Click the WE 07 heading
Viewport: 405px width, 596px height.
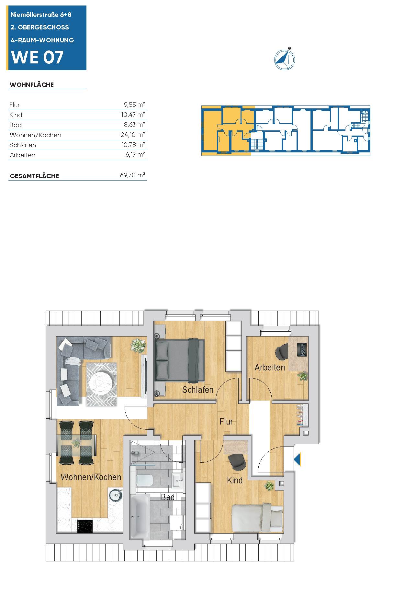pyautogui.click(x=37, y=57)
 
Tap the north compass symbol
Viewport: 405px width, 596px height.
pyautogui.click(x=285, y=59)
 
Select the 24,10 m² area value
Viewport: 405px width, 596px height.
pyautogui.click(x=133, y=135)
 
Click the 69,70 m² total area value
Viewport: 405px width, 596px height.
pyautogui.click(x=132, y=175)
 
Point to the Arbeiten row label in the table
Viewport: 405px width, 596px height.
pyautogui.click(x=22, y=155)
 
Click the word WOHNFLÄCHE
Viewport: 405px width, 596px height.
pyautogui.click(x=32, y=85)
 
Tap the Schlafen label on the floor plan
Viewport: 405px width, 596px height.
pyautogui.click(x=197, y=390)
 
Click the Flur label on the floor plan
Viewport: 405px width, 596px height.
pyautogui.click(x=226, y=421)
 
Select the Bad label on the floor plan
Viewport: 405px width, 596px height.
pyautogui.click(x=168, y=497)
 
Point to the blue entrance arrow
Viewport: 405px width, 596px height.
pyautogui.click(x=298, y=459)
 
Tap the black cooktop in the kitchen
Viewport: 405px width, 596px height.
pyautogui.click(x=85, y=526)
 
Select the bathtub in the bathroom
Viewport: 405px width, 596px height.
pyautogui.click(x=140, y=516)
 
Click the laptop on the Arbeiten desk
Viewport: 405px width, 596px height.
pyautogui.click(x=302, y=349)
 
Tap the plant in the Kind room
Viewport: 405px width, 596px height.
pyautogui.click(x=269, y=485)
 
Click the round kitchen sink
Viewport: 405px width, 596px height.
pyautogui.click(x=115, y=494)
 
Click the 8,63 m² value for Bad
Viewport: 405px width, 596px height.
pyautogui.click(x=135, y=125)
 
